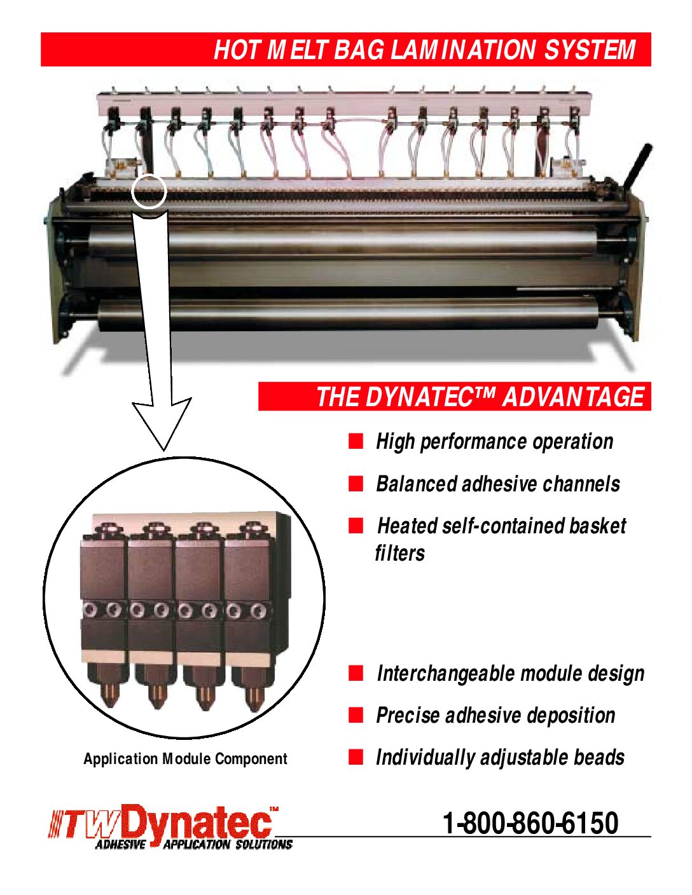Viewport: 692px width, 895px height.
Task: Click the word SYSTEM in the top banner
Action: pyautogui.click(x=590, y=50)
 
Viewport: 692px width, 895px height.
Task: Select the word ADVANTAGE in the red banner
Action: pyautogui.click(x=573, y=397)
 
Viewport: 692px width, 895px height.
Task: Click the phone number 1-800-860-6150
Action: pyautogui.click(x=530, y=823)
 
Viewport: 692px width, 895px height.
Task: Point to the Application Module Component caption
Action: pyautogui.click(x=185, y=758)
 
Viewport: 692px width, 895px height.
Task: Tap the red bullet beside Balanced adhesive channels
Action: pyautogui.click(x=356, y=484)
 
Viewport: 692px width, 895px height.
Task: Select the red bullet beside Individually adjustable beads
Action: pyautogui.click(x=356, y=757)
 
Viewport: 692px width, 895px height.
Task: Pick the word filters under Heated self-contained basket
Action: pyautogui.click(x=399, y=552)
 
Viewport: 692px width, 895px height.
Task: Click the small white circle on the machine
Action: pyautogui.click(x=149, y=191)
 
